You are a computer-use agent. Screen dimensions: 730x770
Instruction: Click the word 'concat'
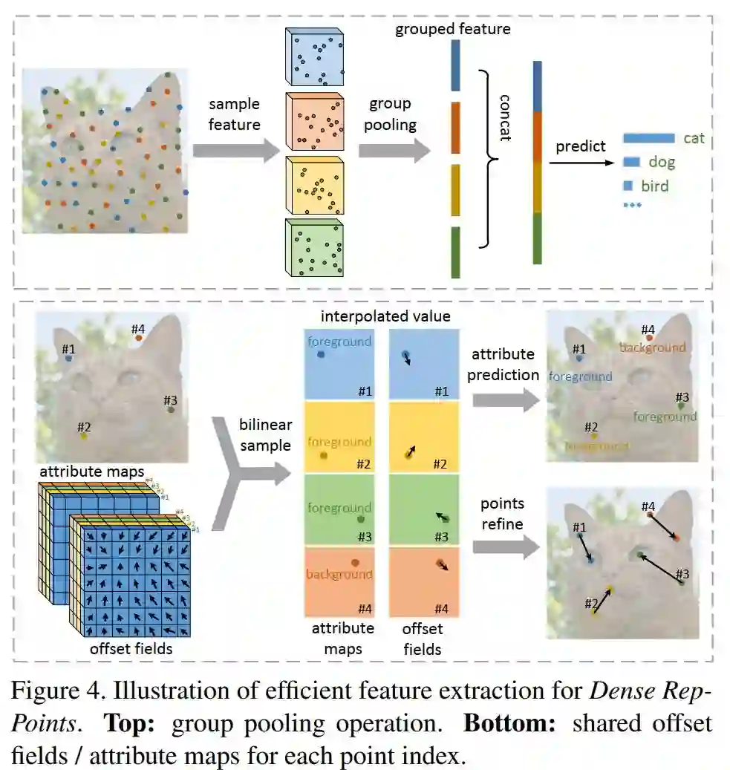pyautogui.click(x=506, y=117)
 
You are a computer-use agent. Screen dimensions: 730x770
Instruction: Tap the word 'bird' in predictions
pyautogui.click(x=654, y=186)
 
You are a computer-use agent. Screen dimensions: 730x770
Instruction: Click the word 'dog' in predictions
pyautogui.click(x=662, y=161)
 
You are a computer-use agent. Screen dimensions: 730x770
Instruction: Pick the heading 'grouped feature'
pyautogui.click(x=452, y=30)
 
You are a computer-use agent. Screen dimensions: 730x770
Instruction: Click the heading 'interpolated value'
pyautogui.click(x=385, y=316)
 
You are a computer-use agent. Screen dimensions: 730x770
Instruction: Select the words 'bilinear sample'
pyautogui.click(x=265, y=435)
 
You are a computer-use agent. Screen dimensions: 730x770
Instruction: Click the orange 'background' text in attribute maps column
pyautogui.click(x=339, y=574)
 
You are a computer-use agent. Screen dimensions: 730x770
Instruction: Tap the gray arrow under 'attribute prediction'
pyautogui.click(x=505, y=401)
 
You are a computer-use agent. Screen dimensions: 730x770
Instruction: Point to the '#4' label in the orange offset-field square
pyautogui.click(x=441, y=609)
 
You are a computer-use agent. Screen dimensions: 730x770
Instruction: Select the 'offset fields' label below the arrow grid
pyautogui.click(x=131, y=648)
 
